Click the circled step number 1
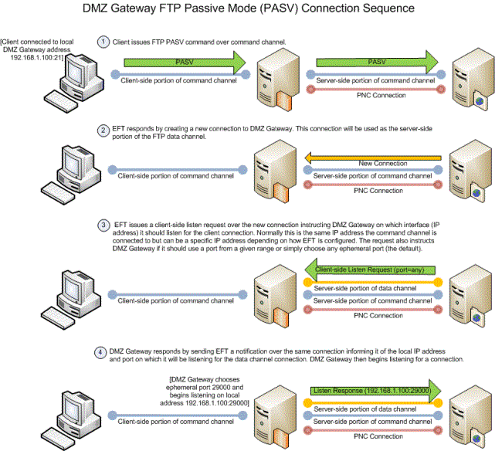coord(103,42)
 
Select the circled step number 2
coord(103,131)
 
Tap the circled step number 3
coord(103,225)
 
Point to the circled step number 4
coord(100,352)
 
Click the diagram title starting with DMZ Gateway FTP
coord(249,8)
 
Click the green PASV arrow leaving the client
coord(185,63)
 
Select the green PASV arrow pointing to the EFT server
coord(378,62)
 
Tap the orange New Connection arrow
coord(373,158)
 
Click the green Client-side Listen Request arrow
coord(370,270)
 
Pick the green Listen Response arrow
coord(375,391)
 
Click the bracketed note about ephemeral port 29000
coord(205,391)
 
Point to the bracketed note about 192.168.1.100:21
coord(37,49)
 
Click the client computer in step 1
coord(74,82)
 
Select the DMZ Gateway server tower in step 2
coord(276,171)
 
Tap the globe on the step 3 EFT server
coord(476,318)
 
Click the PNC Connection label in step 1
coord(381,95)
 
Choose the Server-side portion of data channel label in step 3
coord(365,289)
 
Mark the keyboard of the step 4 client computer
coord(58,439)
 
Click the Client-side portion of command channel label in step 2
coord(176,176)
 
